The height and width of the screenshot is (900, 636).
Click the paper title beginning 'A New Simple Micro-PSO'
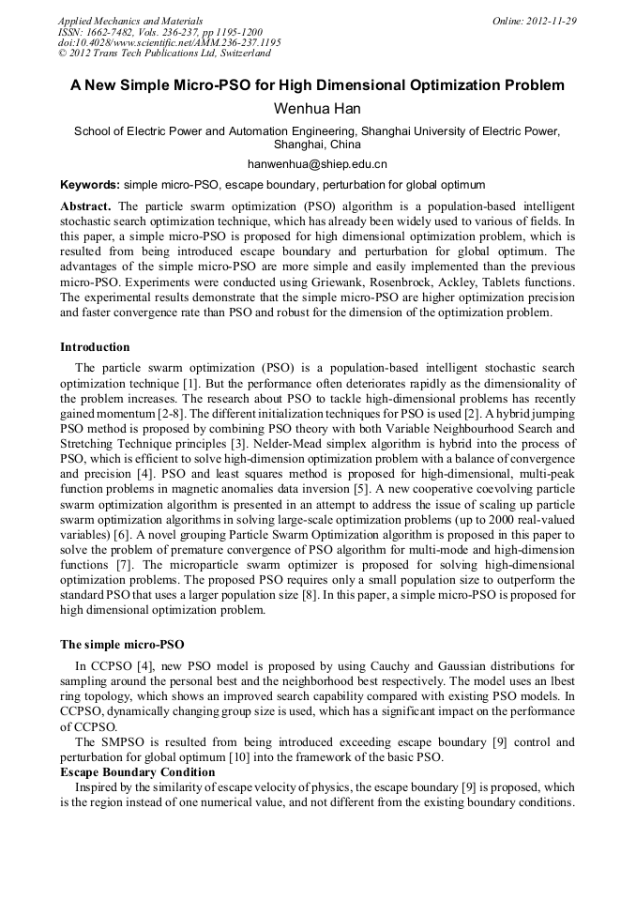point(317,85)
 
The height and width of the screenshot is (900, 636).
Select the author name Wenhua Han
point(317,109)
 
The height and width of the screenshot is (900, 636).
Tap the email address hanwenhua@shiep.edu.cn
point(317,164)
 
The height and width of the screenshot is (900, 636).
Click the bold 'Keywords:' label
point(90,185)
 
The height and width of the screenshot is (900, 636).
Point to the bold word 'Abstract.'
point(86,206)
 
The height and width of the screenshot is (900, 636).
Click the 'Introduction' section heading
point(95,347)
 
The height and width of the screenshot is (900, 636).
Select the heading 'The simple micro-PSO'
point(122,645)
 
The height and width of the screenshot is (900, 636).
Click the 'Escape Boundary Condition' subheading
point(137,771)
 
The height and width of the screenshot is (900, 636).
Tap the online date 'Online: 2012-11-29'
point(535,21)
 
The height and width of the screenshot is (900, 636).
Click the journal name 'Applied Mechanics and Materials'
point(130,21)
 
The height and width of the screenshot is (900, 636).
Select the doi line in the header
point(169,43)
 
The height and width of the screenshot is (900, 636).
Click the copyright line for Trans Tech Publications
point(164,54)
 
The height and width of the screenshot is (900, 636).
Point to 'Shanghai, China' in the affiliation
point(317,145)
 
